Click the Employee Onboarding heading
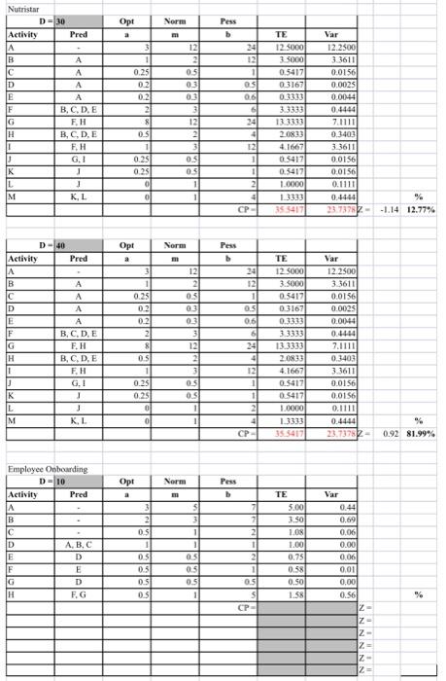point(47,469)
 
